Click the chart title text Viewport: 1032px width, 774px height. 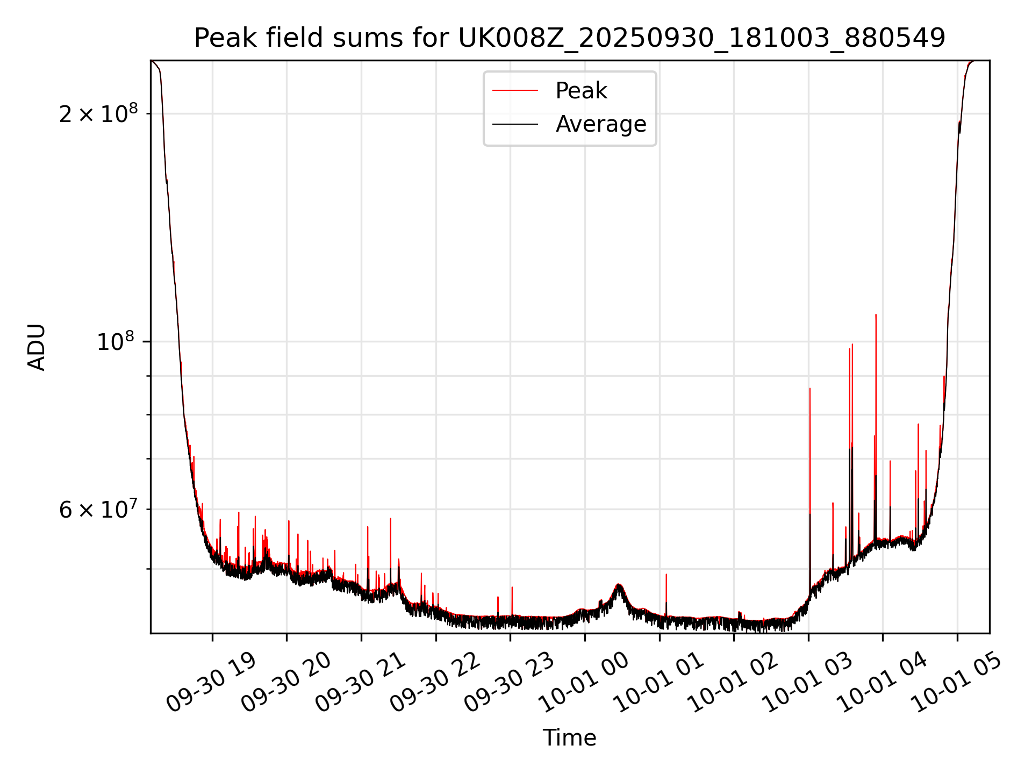tap(569, 38)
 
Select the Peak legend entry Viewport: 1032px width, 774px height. tap(580, 91)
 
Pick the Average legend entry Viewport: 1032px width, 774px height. tap(600, 124)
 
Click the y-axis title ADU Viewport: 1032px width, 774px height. tap(37, 347)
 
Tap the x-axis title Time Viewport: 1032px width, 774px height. tap(569, 738)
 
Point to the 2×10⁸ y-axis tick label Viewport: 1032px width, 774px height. tap(98, 114)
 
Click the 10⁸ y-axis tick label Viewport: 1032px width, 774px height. tap(117, 342)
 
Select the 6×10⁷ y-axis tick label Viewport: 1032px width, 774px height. tap(98, 510)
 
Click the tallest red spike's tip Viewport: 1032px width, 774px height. tap(876, 315)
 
